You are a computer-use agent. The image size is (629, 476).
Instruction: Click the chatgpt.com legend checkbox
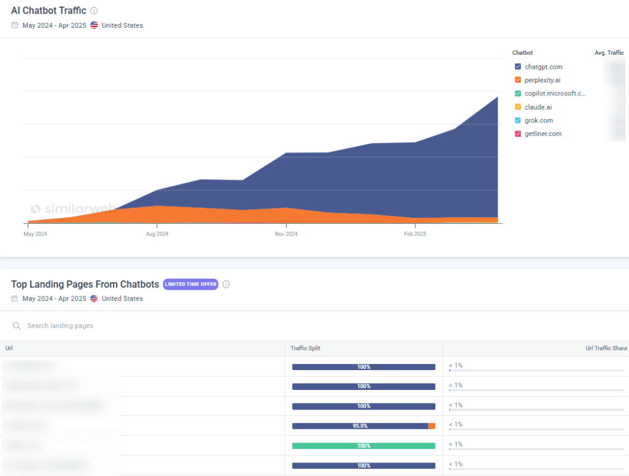(x=518, y=66)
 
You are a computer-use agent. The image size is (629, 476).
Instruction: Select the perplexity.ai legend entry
(x=542, y=80)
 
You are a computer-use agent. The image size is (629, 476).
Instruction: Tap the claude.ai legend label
(x=538, y=107)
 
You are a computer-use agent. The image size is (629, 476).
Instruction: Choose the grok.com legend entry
(x=539, y=121)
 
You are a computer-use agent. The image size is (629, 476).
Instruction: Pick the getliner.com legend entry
(x=543, y=134)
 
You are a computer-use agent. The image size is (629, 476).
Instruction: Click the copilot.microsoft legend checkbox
(x=518, y=93)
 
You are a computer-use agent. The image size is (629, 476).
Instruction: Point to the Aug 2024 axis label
(x=157, y=234)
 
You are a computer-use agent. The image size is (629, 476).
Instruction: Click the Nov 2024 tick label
(x=286, y=234)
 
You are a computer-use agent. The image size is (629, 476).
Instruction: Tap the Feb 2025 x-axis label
(x=415, y=234)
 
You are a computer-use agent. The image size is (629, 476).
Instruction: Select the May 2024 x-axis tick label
(x=35, y=234)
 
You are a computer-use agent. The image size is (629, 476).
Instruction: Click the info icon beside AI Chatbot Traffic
(x=94, y=11)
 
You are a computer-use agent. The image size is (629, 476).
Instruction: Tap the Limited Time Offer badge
(x=190, y=284)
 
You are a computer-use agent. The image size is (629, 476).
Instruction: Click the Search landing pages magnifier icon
(x=17, y=325)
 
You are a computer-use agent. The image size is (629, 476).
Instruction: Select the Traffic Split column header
(x=305, y=349)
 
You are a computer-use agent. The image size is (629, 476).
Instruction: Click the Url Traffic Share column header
(x=606, y=349)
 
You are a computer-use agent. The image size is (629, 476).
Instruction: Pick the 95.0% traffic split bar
(x=360, y=426)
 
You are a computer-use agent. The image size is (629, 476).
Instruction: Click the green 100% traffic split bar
(x=363, y=446)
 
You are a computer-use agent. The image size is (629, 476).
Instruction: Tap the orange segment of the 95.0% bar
(x=432, y=426)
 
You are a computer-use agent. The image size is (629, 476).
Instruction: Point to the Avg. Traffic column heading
(x=609, y=53)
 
